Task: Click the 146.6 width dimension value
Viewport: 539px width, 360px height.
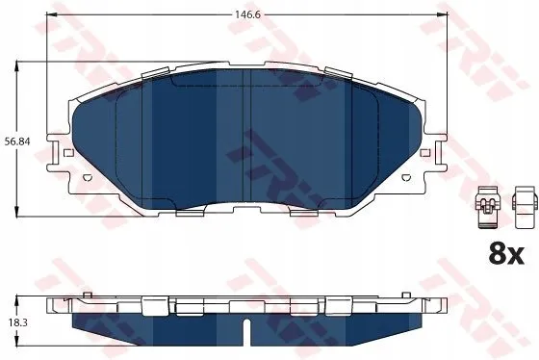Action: point(247,14)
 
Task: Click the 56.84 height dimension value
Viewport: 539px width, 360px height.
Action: point(17,141)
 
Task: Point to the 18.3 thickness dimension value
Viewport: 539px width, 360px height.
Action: point(17,322)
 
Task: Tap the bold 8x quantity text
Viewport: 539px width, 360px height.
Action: point(506,254)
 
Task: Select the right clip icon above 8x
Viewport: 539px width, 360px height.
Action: point(525,207)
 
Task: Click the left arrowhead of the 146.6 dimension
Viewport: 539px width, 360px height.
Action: point(51,14)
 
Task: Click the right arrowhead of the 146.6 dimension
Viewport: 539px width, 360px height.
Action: point(443,14)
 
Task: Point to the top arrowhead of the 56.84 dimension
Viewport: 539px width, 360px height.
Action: point(16,66)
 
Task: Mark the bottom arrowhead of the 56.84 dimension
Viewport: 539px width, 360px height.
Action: point(16,212)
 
